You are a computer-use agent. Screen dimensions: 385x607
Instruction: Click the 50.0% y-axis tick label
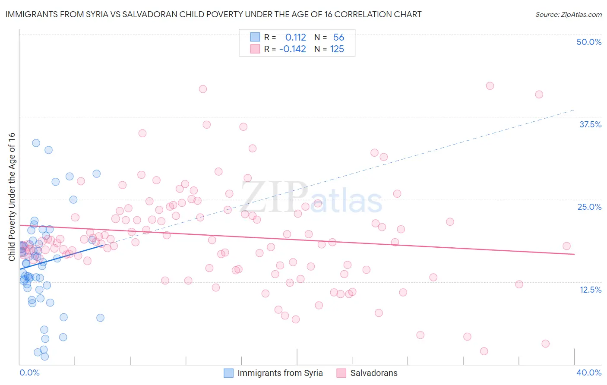click(x=589, y=42)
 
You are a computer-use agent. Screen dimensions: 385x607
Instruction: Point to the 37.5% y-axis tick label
click(x=590, y=124)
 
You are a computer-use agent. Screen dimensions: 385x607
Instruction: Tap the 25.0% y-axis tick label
click(x=589, y=207)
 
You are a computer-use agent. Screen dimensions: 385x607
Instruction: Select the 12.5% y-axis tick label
click(x=590, y=290)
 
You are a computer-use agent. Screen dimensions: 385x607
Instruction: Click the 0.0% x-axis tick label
click(x=29, y=372)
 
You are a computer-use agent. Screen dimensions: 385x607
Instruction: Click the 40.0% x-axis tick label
click(x=589, y=372)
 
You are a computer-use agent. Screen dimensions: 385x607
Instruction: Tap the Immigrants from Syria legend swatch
click(x=228, y=373)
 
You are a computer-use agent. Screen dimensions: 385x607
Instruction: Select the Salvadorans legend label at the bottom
click(x=374, y=373)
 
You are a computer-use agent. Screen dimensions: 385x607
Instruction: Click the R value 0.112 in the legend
click(x=295, y=38)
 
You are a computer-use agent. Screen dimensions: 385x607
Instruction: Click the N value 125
click(x=337, y=49)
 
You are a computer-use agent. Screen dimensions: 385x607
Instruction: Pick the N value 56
click(x=338, y=38)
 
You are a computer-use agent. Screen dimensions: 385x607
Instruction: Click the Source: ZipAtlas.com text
click(x=568, y=15)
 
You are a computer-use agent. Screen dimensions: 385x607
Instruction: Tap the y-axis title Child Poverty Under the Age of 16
click(x=12, y=196)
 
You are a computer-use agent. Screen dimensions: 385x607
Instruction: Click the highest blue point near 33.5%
click(x=36, y=143)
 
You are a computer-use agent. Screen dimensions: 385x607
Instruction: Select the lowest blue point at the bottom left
click(x=44, y=357)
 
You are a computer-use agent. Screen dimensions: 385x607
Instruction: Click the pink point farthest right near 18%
click(x=566, y=246)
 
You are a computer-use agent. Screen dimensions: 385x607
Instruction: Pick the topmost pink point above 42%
click(x=490, y=86)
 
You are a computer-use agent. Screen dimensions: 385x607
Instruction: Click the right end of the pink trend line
click(x=574, y=254)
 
